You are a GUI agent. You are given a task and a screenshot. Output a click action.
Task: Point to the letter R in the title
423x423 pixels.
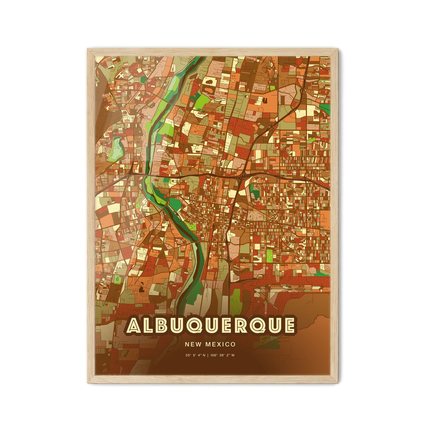pos(239,325)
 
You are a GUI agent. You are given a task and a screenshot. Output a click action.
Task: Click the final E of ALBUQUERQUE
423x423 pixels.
pos(288,325)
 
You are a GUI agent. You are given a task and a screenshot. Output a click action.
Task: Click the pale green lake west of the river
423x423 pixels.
pos(117,146)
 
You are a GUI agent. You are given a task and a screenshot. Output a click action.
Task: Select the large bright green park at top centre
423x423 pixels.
pos(204,101)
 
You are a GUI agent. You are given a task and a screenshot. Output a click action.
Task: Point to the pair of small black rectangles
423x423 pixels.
pos(265,101)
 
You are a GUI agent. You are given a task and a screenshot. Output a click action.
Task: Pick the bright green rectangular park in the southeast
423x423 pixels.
pos(270,255)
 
